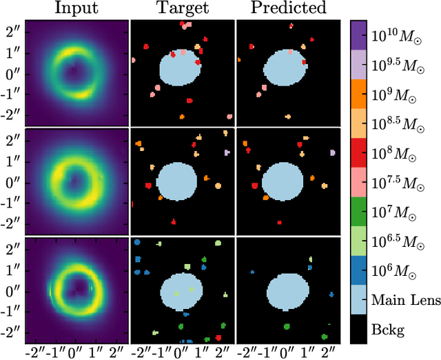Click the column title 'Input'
pos(76,9)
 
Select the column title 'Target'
pos(182,9)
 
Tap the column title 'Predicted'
pos(288,9)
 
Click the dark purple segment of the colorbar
pos(358,34)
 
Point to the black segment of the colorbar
pos(358,330)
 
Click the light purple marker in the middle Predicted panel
pos(332,152)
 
